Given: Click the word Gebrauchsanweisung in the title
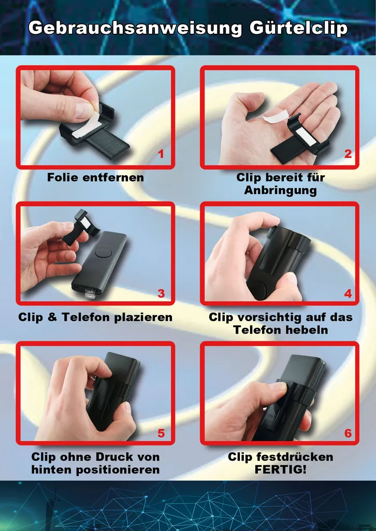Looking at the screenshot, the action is tap(135, 28).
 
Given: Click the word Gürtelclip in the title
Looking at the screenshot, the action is tap(298, 28).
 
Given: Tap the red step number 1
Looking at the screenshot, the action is tap(161, 154).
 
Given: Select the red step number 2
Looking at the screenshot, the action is tap(348, 154).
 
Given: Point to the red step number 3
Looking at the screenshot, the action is tap(161, 294).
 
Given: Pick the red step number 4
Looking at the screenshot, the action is tap(348, 294).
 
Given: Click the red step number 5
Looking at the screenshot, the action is tap(161, 433).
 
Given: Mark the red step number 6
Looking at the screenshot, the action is tap(348, 433).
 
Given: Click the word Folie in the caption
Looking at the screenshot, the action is tap(61, 177).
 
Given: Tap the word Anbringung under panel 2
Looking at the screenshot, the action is tap(280, 190).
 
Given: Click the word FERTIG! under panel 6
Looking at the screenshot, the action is tap(280, 470).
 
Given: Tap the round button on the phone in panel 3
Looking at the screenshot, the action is tap(104, 253).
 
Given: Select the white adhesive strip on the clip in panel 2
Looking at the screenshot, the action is tap(304, 135).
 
